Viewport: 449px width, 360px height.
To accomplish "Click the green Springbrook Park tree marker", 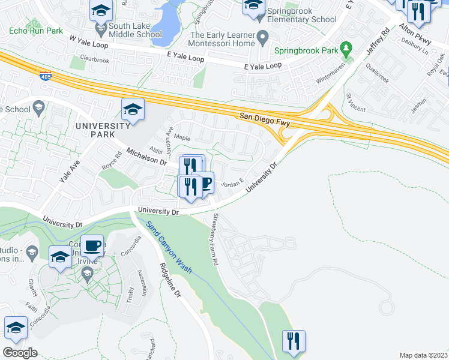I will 345,47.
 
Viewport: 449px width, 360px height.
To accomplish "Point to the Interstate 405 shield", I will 46,76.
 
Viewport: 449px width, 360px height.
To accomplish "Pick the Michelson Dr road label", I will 146,156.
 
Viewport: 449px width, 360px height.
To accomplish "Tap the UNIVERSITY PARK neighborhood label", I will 103,130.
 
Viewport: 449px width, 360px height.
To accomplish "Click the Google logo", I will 20,352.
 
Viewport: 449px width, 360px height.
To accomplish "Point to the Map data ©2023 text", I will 423,355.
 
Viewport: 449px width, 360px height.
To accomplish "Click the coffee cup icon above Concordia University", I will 93,245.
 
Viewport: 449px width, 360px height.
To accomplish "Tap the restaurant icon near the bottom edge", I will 294,341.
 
